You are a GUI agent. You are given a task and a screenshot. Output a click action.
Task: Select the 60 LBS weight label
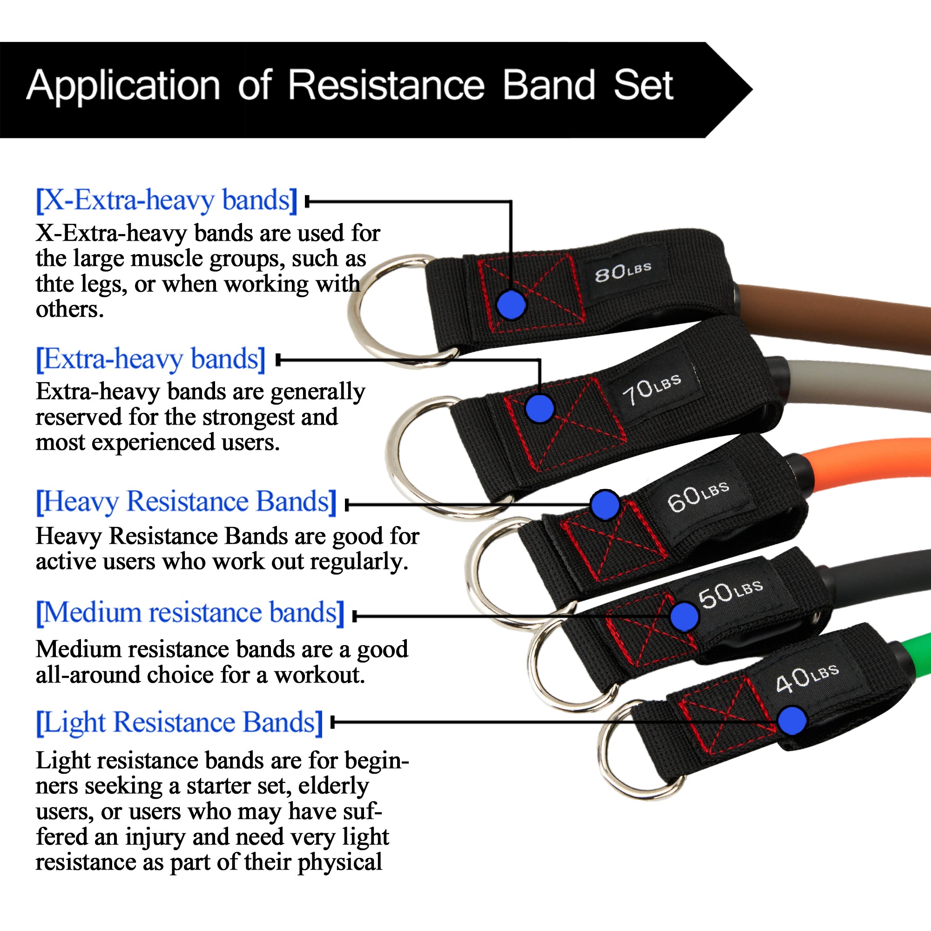[698, 496]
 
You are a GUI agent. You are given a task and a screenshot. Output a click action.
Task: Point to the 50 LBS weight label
[730, 594]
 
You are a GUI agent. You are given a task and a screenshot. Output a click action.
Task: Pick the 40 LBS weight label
[808, 679]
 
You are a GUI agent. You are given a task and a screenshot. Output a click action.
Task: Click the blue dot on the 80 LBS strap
[511, 304]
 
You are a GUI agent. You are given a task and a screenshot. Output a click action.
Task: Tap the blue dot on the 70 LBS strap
[540, 408]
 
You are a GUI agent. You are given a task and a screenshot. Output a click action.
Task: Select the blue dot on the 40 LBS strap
[792, 721]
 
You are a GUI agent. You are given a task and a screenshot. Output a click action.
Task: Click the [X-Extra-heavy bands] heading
[167, 200]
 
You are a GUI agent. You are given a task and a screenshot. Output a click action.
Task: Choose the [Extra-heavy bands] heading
[151, 359]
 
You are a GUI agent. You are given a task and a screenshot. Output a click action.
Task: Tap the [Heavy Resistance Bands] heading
[186, 502]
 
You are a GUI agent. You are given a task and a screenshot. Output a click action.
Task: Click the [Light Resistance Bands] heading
[179, 722]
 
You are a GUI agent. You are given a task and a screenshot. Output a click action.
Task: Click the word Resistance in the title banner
[386, 85]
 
